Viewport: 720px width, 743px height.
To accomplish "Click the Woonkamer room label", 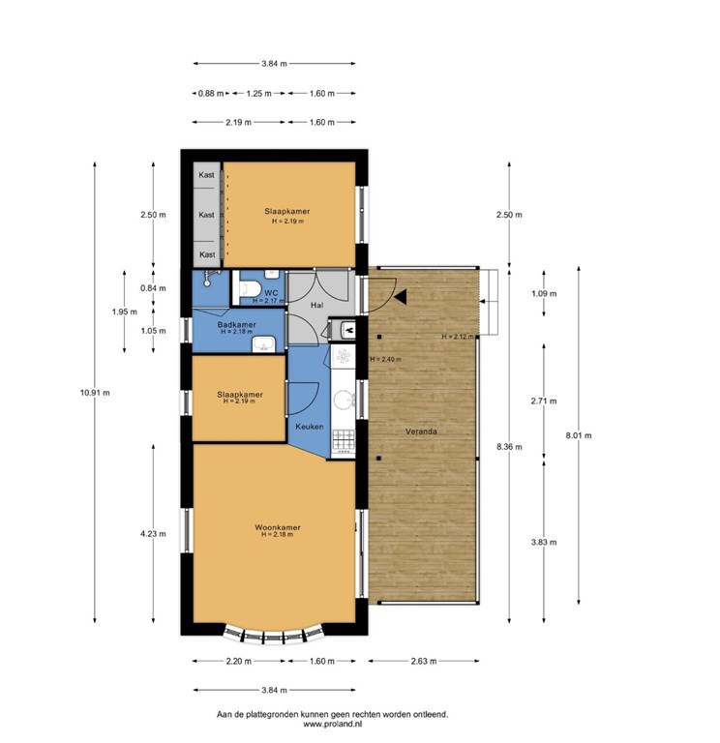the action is pos(278,527).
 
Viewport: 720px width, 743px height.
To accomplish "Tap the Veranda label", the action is pos(421,431).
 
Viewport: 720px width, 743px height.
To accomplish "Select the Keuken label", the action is pos(309,427).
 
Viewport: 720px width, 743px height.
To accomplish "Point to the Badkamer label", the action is pos(236,325).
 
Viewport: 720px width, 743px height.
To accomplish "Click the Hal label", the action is pos(316,305).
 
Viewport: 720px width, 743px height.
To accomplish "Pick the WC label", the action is pos(271,293).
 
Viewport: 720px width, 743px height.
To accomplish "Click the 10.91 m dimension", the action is pos(95,393).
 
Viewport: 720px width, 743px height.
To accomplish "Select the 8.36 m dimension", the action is pos(509,446).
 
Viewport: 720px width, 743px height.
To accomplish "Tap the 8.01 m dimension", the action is pos(579,435).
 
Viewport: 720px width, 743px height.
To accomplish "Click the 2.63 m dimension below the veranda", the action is pos(423,661).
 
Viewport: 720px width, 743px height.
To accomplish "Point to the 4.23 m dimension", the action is pos(153,534).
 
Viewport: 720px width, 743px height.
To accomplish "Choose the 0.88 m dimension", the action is pos(211,93).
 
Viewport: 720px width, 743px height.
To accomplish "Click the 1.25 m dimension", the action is pos(258,93).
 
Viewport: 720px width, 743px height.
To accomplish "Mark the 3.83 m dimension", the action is pos(544,542).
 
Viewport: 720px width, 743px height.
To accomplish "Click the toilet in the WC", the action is pos(250,288).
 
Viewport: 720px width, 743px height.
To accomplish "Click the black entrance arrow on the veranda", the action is pos(401,297).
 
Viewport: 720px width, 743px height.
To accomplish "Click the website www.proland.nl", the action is pos(333,724).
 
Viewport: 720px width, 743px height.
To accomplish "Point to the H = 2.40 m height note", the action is pos(385,359).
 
